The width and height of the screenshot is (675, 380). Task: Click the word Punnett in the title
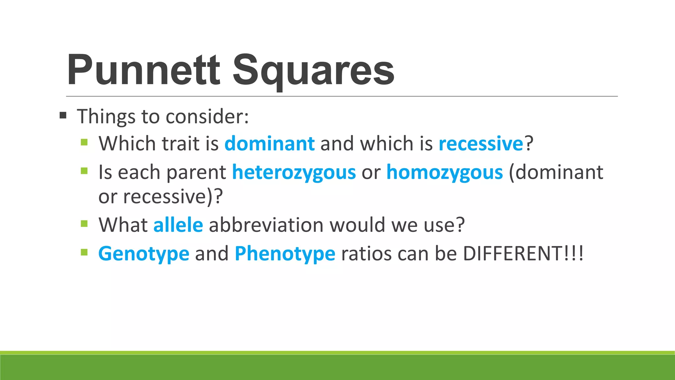click(x=143, y=70)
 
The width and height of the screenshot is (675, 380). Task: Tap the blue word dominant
click(x=269, y=144)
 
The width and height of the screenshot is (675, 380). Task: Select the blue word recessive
click(x=481, y=144)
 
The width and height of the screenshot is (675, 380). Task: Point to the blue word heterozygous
click(x=294, y=173)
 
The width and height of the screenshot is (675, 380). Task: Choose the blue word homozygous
click(x=444, y=173)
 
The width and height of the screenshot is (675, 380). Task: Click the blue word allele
click(x=178, y=225)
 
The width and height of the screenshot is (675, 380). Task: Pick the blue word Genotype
click(x=144, y=254)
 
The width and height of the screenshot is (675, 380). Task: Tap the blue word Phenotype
click(x=285, y=254)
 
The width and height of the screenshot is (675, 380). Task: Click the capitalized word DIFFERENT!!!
click(x=523, y=254)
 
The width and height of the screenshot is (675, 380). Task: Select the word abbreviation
click(x=266, y=225)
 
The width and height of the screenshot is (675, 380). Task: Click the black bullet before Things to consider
click(x=63, y=116)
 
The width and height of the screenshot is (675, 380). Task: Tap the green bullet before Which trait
click(x=84, y=142)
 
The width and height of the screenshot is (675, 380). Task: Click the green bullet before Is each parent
click(x=84, y=171)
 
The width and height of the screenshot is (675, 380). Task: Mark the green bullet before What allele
click(x=84, y=224)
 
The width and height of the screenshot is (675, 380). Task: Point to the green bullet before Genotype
click(x=84, y=253)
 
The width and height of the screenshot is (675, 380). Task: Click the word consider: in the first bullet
click(x=207, y=117)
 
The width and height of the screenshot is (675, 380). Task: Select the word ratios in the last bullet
click(x=366, y=254)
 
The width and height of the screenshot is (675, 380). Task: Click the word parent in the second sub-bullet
click(x=196, y=173)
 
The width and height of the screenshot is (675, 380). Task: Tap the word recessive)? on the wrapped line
click(x=173, y=197)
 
